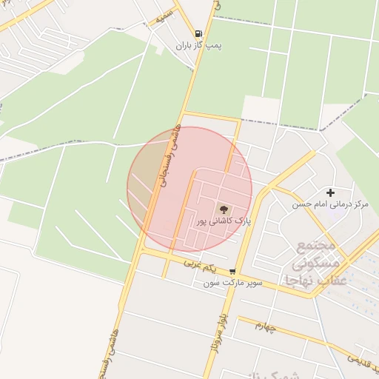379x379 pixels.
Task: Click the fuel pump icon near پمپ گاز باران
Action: click(198, 33)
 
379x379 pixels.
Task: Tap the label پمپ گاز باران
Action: click(198, 46)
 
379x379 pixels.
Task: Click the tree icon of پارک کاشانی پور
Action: click(224, 208)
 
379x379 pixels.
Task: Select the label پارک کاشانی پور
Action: click(224, 221)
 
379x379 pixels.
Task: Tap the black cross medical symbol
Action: click(330, 192)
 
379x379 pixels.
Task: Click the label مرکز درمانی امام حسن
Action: click(330, 204)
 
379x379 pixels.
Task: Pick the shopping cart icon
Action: click(233, 272)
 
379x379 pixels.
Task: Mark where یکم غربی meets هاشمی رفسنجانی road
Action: click(141, 252)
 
